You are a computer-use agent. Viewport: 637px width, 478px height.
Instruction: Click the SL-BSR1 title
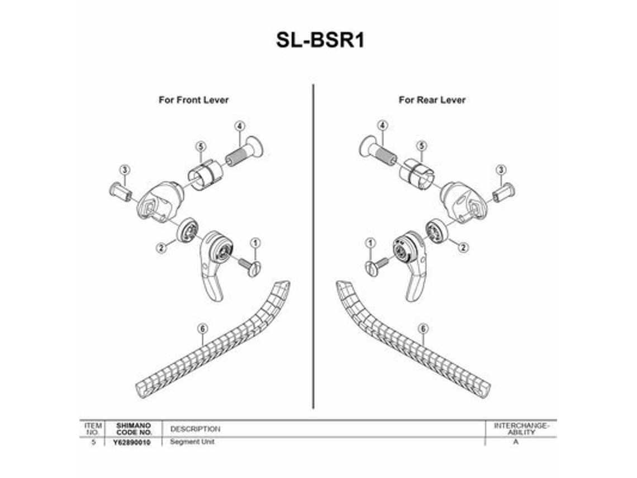point(320,40)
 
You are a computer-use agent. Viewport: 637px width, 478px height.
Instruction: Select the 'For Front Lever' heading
point(193,100)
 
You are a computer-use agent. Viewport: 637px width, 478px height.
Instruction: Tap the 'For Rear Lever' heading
point(432,100)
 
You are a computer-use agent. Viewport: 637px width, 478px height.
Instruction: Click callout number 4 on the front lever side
point(240,126)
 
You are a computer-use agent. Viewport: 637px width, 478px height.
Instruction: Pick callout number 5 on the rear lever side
point(422,145)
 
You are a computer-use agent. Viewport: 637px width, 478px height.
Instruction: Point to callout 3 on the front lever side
point(125,170)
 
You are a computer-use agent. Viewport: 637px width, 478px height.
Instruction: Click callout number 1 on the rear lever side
point(370,243)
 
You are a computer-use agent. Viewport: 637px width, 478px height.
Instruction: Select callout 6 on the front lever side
point(202,328)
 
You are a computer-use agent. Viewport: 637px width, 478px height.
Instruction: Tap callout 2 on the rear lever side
point(463,247)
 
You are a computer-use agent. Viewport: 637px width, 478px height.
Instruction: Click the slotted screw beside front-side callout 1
point(249,267)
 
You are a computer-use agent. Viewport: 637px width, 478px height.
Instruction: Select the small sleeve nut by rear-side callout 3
point(504,193)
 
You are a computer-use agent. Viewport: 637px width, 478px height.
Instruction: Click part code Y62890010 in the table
point(132,442)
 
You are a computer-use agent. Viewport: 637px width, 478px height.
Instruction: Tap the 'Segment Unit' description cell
point(192,442)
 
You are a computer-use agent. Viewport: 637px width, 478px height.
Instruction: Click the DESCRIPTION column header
point(196,429)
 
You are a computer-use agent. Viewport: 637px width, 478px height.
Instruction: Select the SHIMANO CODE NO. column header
point(134,429)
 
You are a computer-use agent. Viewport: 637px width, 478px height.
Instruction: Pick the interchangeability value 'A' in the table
point(516,442)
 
